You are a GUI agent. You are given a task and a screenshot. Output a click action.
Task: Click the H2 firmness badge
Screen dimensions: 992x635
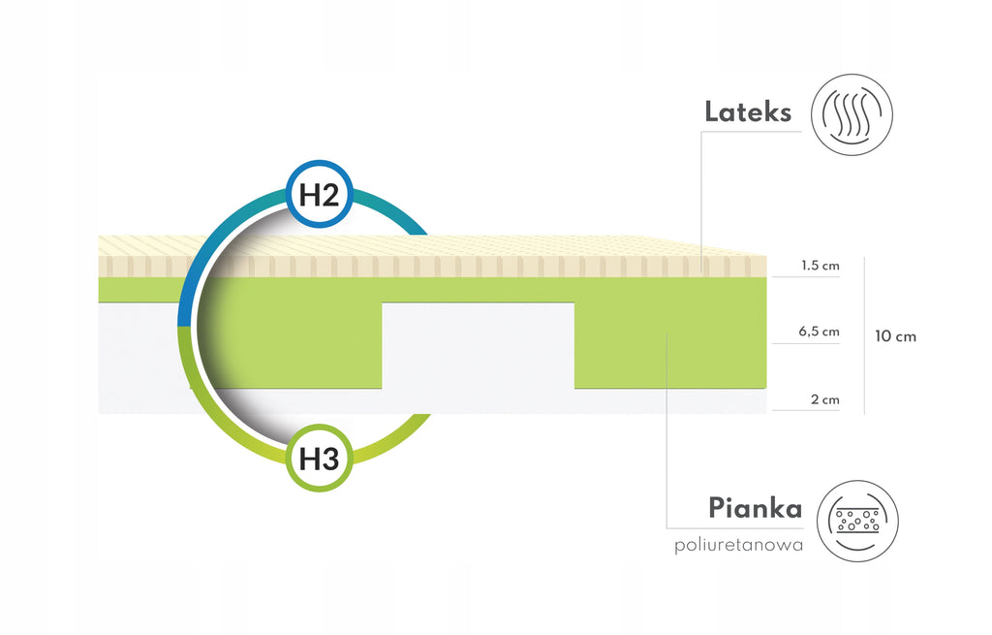point(319,194)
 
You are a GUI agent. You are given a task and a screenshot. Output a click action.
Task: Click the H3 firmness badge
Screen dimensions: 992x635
point(319,458)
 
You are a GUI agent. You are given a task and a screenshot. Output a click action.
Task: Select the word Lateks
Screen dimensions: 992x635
point(748,112)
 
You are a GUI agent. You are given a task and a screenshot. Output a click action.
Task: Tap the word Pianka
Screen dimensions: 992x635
point(755,508)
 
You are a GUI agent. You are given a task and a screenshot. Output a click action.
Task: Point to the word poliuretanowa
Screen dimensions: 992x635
point(738,545)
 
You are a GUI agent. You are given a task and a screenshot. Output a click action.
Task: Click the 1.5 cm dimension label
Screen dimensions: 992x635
point(820,266)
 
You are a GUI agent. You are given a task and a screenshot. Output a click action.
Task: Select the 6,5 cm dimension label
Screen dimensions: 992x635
point(819,332)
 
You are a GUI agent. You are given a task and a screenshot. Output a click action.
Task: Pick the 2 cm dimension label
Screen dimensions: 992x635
point(825,399)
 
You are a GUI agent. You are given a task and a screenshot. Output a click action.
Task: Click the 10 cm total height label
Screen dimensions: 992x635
point(895,336)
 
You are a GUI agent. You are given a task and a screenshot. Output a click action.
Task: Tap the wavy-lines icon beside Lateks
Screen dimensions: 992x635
point(852,114)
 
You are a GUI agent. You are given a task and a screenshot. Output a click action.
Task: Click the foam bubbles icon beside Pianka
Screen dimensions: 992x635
point(857,521)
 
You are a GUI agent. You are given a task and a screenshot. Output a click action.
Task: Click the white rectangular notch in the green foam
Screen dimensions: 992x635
point(479,346)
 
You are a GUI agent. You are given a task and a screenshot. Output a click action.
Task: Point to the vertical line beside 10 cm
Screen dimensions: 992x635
point(864,335)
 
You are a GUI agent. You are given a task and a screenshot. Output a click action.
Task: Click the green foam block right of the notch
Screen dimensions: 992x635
point(670,346)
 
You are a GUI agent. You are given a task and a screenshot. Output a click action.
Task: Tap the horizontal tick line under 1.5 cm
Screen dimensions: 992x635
point(806,276)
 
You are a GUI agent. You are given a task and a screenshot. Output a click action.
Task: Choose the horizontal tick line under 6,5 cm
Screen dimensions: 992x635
point(806,343)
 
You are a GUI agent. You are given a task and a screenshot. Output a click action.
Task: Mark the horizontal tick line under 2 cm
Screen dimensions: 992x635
point(806,410)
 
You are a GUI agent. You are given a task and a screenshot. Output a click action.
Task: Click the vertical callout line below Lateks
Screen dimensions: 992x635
point(701,203)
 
